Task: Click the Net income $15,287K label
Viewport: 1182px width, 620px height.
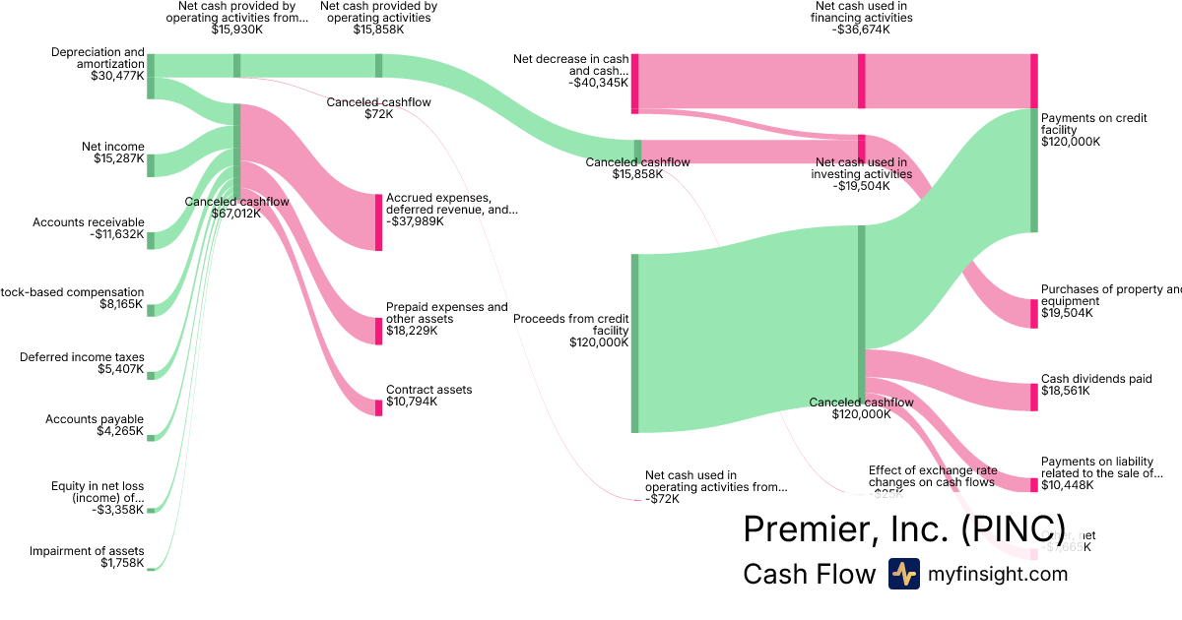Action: point(112,153)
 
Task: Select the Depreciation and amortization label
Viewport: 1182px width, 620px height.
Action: point(98,64)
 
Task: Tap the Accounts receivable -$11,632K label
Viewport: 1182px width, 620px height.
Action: point(88,228)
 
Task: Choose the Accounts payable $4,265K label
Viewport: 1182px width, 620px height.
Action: point(95,425)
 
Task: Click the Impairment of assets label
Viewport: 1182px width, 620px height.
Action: point(87,557)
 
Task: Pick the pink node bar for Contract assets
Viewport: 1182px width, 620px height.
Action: point(378,407)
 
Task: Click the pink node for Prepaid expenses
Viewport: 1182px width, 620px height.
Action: point(378,331)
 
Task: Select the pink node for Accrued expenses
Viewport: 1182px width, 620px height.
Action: point(378,222)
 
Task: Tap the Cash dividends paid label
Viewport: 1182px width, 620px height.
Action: point(1096,385)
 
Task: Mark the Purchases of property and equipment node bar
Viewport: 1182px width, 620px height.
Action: point(1034,313)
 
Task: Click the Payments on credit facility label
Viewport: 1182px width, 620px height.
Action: point(1093,129)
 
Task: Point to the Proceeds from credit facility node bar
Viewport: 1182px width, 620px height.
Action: point(635,342)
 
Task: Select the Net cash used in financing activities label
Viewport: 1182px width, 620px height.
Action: point(861,18)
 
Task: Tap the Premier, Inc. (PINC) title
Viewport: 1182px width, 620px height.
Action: point(904,528)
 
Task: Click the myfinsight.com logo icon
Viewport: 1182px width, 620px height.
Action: point(903,574)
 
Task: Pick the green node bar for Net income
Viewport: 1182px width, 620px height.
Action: point(151,164)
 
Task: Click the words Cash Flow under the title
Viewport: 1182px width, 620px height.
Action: point(809,575)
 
